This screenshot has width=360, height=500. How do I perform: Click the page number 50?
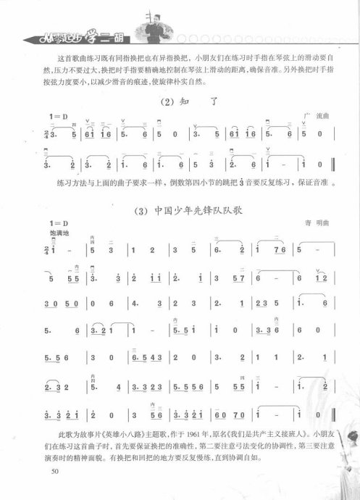55,471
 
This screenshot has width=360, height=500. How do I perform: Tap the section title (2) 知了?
185,102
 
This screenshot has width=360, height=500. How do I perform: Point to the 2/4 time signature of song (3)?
47,251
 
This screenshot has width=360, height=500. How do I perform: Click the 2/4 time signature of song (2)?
47,135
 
